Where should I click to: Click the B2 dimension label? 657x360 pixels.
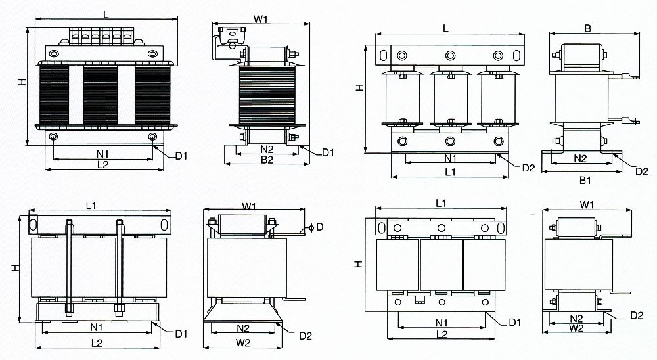[x=267, y=160]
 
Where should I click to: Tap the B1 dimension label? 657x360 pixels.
[x=581, y=179]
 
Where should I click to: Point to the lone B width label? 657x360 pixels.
[x=587, y=28]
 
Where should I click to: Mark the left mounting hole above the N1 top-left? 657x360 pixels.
[x=53, y=137]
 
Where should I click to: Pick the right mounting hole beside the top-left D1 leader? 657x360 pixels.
[x=152, y=137]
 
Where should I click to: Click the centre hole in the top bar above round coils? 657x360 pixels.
[x=450, y=55]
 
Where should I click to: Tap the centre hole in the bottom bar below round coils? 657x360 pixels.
[x=450, y=141]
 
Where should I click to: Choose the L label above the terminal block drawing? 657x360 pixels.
[x=106, y=13]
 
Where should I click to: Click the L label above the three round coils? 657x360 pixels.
[x=445, y=28]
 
